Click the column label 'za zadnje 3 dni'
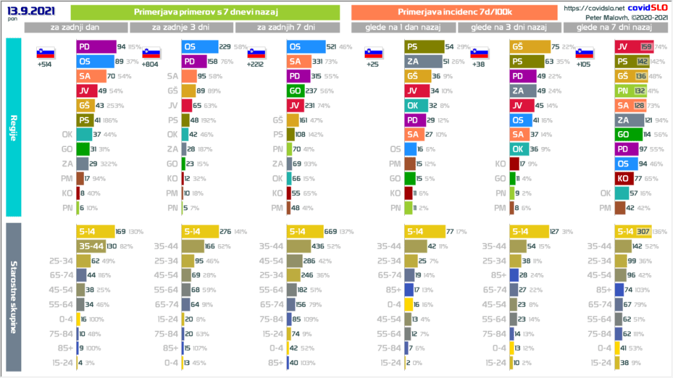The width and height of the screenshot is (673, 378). (181, 27)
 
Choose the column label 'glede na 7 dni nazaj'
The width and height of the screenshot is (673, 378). (614, 27)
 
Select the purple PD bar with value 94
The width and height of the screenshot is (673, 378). (95, 47)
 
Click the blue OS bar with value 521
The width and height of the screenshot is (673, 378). (306, 47)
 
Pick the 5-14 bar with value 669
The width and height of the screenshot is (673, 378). (305, 231)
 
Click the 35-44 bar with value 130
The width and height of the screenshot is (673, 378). (92, 245)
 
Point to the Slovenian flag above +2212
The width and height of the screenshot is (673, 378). (256, 53)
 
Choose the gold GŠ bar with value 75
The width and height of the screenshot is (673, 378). (530, 47)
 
